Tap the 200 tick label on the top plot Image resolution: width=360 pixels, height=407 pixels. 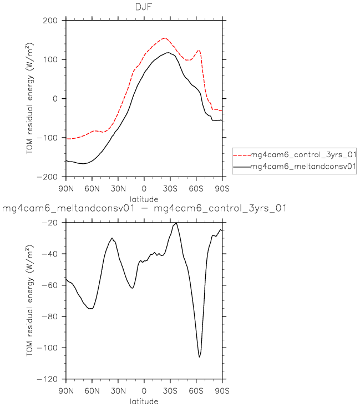tap(51, 21)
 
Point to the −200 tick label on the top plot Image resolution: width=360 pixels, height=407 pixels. tap(49, 177)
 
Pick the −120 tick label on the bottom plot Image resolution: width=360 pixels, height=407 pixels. tap(49, 379)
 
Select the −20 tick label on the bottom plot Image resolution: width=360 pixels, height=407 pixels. tap(51, 223)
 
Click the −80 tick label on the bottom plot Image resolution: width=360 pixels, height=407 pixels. tap(51, 316)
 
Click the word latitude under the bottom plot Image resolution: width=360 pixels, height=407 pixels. tap(144, 401)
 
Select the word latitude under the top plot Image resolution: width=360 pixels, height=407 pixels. tap(144, 198)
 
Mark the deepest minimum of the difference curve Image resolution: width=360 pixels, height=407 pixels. tap(200, 357)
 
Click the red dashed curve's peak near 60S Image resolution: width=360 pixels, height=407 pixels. tap(198, 51)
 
